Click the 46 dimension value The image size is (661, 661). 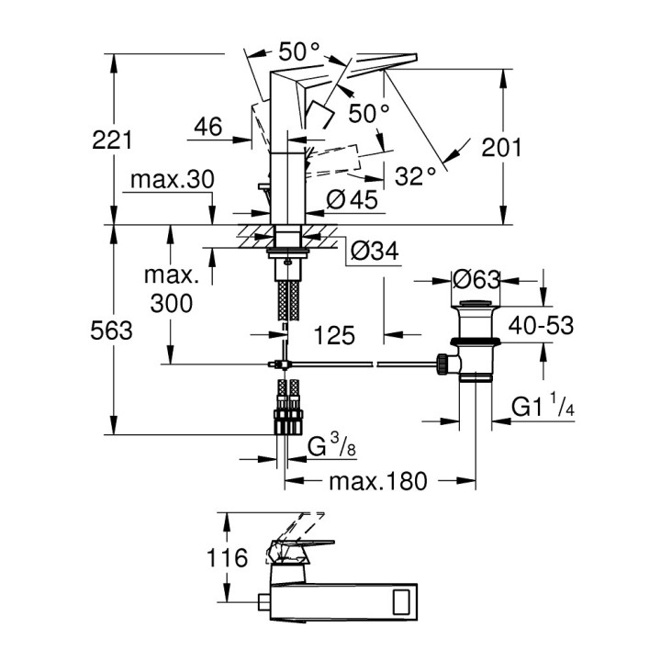pos(207,127)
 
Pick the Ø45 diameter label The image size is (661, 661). pos(352,200)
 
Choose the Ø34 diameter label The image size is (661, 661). pos(375,251)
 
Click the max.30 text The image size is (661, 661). pos(172,179)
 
